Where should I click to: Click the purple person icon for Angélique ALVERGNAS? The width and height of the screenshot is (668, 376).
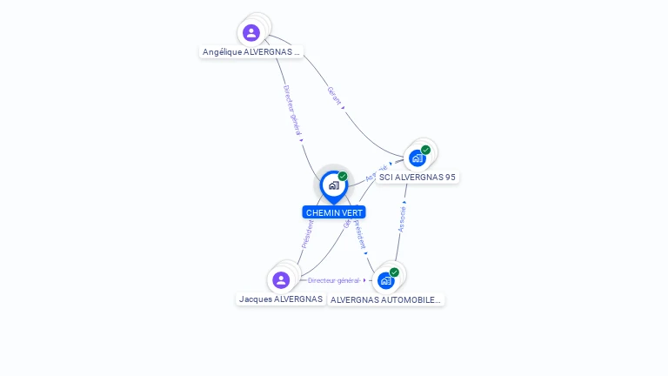pos(251,33)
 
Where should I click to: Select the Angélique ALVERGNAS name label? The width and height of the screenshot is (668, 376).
pos(251,52)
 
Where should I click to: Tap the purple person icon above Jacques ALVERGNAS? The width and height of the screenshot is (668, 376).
pos(280,280)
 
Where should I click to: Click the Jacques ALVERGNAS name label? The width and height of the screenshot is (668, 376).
pos(281,299)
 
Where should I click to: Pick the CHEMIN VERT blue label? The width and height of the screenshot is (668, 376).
pos(334,212)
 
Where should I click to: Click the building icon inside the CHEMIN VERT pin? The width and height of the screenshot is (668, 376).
pos(333,185)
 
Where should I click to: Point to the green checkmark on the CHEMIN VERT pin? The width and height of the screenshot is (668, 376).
pos(343,177)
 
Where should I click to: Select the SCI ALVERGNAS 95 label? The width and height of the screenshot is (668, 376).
pos(417,177)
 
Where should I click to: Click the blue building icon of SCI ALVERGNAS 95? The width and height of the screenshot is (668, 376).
pos(417,158)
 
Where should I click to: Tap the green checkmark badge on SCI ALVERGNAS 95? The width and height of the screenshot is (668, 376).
pos(425,150)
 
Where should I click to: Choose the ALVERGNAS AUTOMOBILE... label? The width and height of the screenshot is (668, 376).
pos(385,300)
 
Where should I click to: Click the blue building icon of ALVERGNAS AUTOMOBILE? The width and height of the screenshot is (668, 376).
pos(385,280)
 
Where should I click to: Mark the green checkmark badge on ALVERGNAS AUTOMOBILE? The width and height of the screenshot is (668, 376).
pos(394,272)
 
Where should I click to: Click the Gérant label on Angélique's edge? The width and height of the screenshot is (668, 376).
pos(334,95)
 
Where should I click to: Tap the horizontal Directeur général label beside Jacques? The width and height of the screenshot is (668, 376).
pos(333,280)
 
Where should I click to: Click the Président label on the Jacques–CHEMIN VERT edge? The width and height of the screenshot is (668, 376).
pos(307,233)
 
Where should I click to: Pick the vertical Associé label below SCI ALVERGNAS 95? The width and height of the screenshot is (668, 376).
pos(402,219)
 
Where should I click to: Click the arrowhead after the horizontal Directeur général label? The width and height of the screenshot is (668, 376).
pos(364,280)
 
